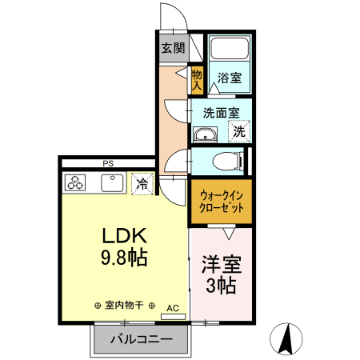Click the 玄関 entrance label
(x=173, y=49)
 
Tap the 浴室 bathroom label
(x=230, y=78)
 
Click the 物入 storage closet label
(x=197, y=78)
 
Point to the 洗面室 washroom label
(x=220, y=113)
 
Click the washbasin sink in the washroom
(x=206, y=134)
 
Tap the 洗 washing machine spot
(x=239, y=131)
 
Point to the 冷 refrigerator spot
(x=142, y=183)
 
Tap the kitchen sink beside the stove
(x=110, y=183)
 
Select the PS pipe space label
(x=107, y=163)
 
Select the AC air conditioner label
(x=172, y=306)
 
